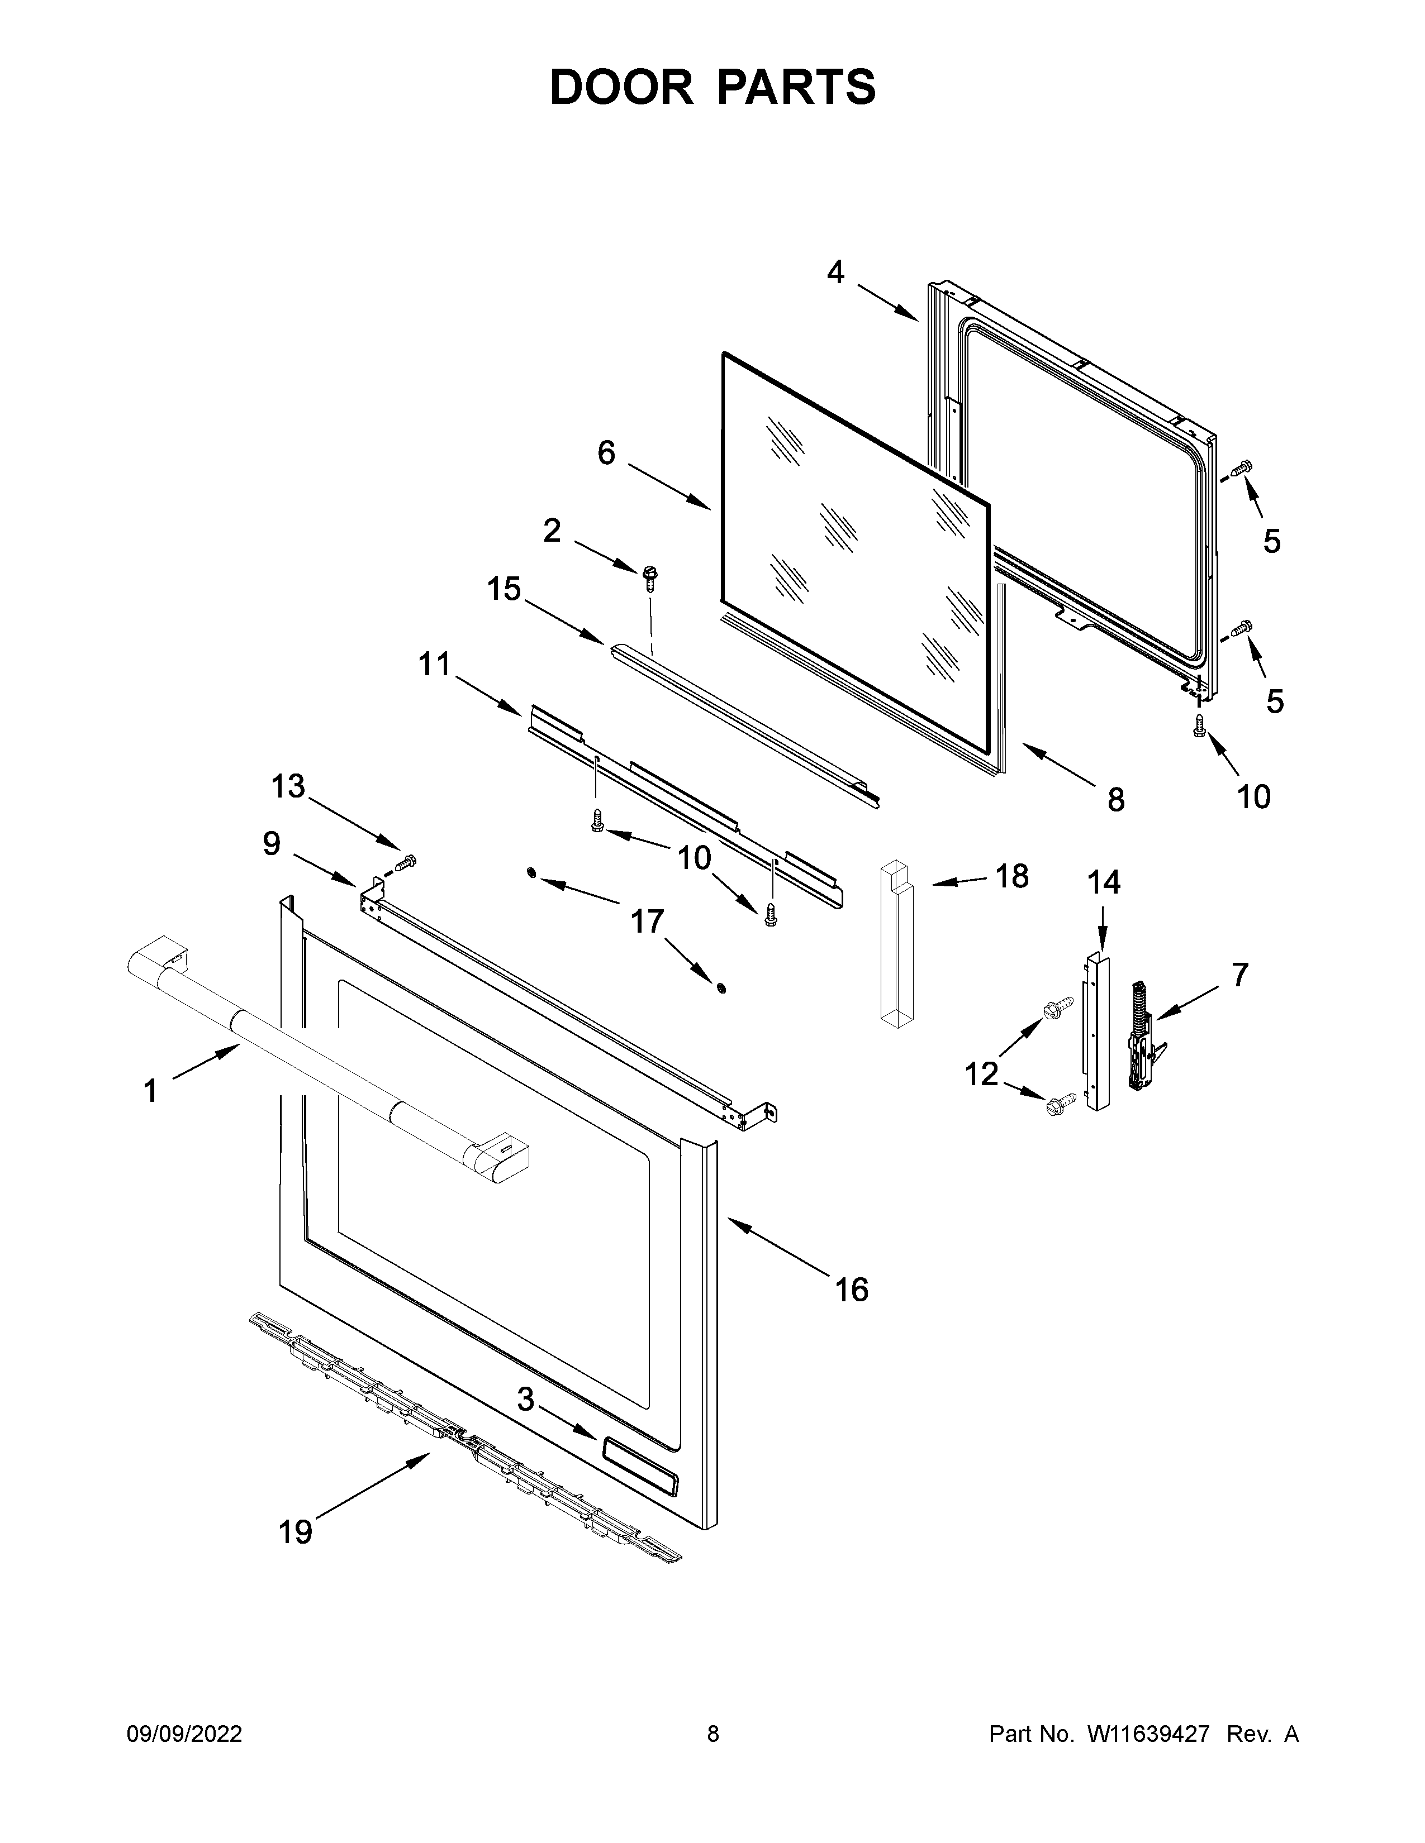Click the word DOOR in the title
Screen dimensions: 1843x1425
pos(621,87)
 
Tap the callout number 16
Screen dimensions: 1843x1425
pos(851,1290)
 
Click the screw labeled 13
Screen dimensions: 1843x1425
pos(407,862)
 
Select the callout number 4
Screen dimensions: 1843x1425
pos(835,272)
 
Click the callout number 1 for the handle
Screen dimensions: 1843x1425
pos(150,1091)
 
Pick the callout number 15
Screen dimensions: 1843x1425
pos(504,589)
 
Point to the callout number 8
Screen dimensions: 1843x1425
pos(1116,799)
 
